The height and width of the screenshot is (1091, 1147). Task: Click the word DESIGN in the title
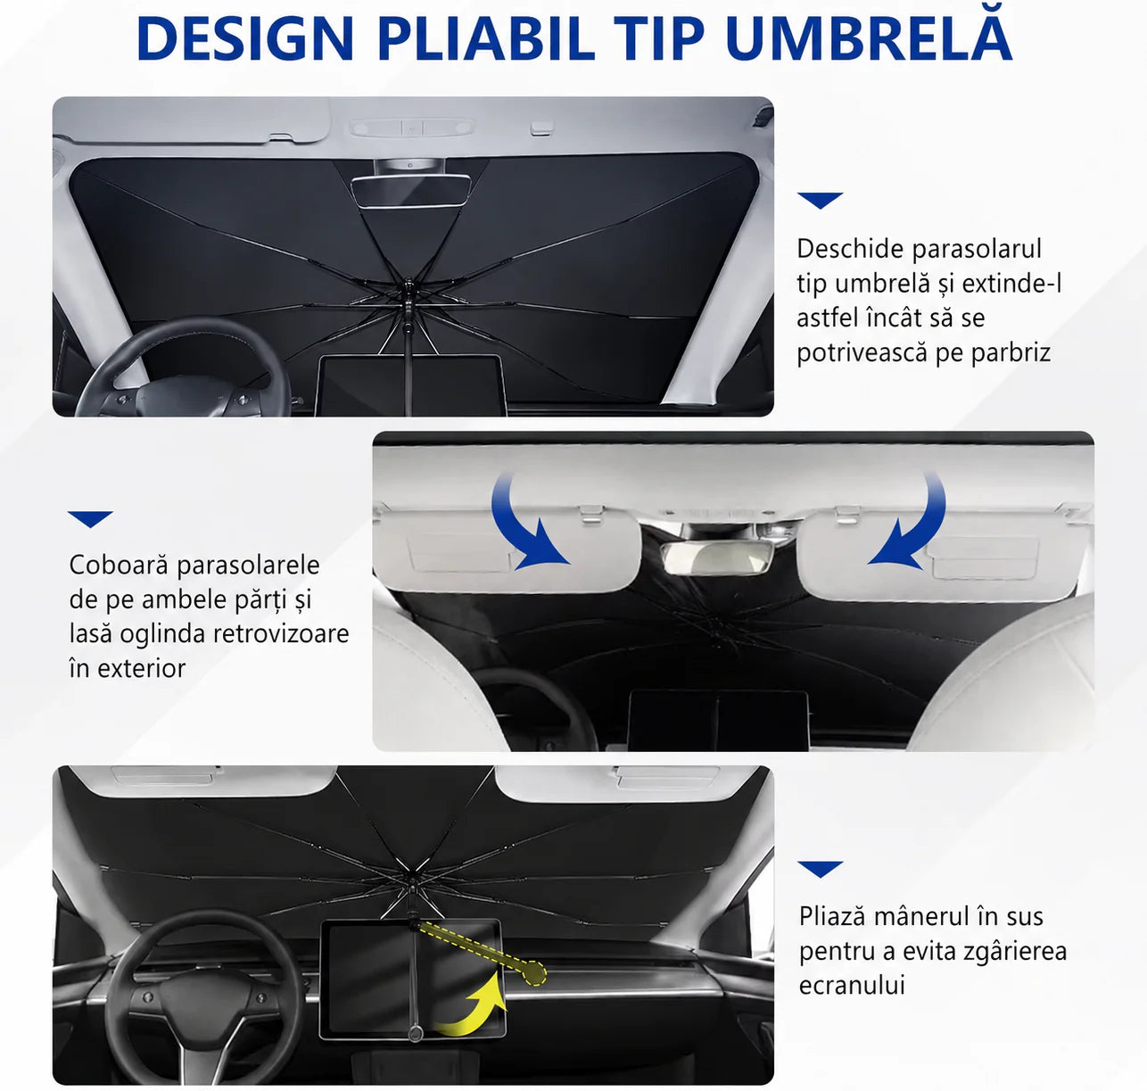click(245, 38)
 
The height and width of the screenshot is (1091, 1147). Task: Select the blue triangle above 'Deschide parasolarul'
click(820, 200)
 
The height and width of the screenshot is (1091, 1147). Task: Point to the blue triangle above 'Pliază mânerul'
click(820, 869)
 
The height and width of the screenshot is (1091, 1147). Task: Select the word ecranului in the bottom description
click(852, 985)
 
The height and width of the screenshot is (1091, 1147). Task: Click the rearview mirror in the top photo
click(411, 191)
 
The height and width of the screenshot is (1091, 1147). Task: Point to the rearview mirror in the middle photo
click(717, 558)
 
